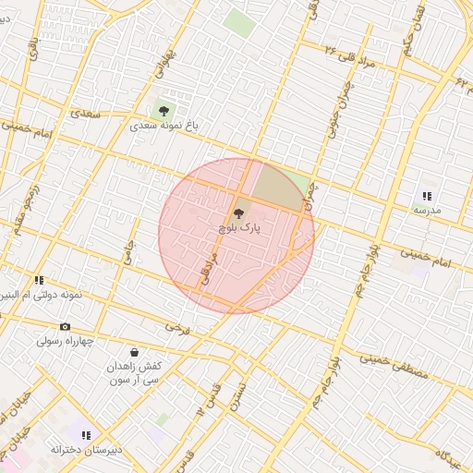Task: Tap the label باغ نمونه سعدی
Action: pos(164,126)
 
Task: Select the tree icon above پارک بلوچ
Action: pos(240,212)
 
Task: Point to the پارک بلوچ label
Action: pos(240,226)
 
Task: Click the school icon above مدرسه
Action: pos(427,196)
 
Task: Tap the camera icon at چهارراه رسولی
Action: pos(65,326)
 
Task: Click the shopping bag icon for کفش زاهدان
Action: pos(135,352)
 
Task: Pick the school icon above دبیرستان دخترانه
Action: pos(86,435)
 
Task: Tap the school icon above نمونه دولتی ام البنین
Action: pos(39,280)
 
